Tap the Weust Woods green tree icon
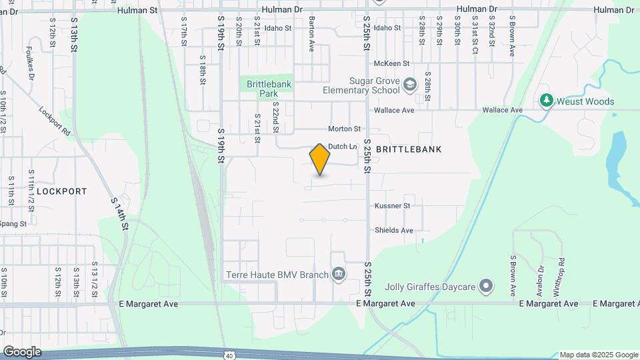547,101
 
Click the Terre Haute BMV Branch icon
339,274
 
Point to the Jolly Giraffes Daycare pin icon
487,287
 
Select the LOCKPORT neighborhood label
61,191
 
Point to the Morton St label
344,129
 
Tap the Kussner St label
392,206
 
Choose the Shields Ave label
394,230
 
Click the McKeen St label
391,63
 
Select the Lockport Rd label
55,121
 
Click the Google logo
22,352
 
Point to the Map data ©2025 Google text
598,355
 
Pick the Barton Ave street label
311,35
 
